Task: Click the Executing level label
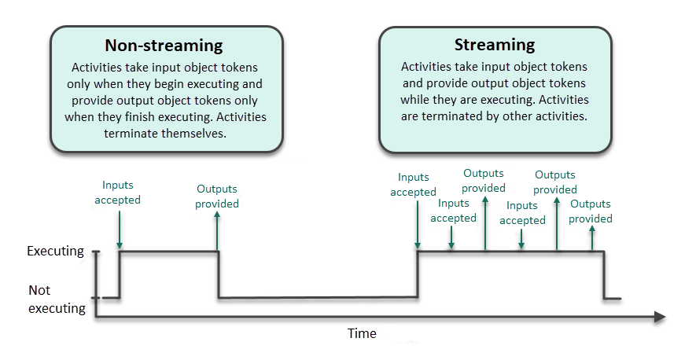coord(55,252)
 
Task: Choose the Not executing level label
coord(57,299)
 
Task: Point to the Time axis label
coord(362,333)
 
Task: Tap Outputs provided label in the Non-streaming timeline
coord(218,196)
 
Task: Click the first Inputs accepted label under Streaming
coord(414,185)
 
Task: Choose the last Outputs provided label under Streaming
coord(591,211)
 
